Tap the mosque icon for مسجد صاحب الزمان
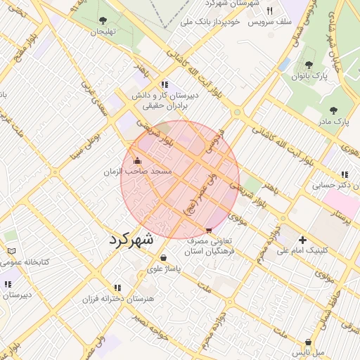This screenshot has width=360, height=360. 136,160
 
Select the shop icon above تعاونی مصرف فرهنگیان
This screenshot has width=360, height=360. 209,230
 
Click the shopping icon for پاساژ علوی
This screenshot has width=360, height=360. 164,257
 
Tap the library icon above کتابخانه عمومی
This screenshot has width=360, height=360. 11,251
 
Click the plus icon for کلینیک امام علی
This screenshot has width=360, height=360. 303,239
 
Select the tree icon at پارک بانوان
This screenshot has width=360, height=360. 309,65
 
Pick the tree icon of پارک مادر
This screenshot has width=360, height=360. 333,110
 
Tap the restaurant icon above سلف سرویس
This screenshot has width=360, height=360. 269,11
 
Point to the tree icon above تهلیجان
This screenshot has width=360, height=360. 104,20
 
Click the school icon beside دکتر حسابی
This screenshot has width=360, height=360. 344,174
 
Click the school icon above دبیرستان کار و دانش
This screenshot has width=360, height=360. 165,84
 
